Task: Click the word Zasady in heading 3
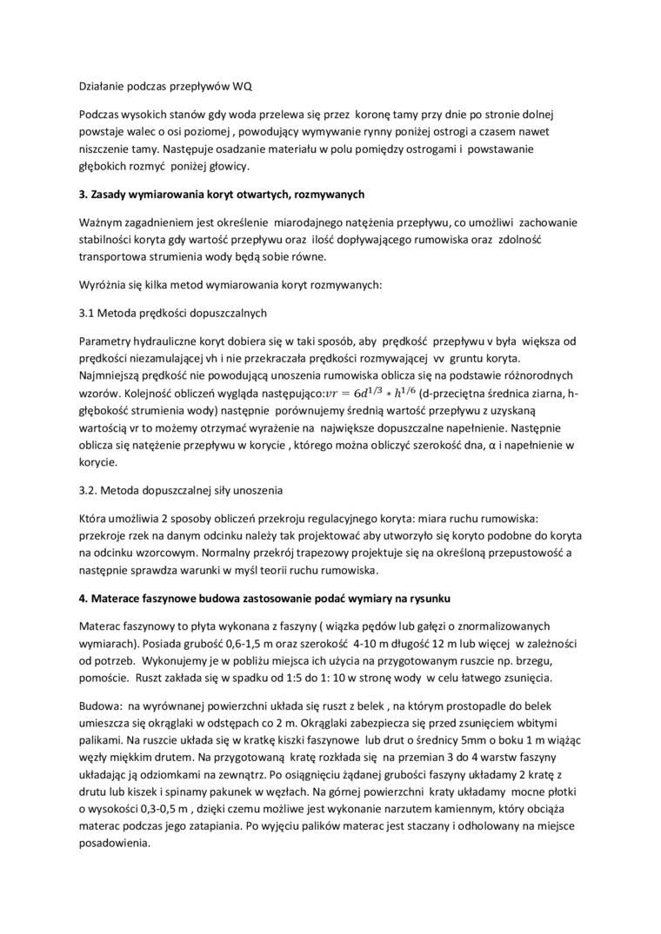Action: click(x=110, y=194)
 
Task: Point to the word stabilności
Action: click(x=108, y=238)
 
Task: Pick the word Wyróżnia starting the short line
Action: click(x=100, y=283)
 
